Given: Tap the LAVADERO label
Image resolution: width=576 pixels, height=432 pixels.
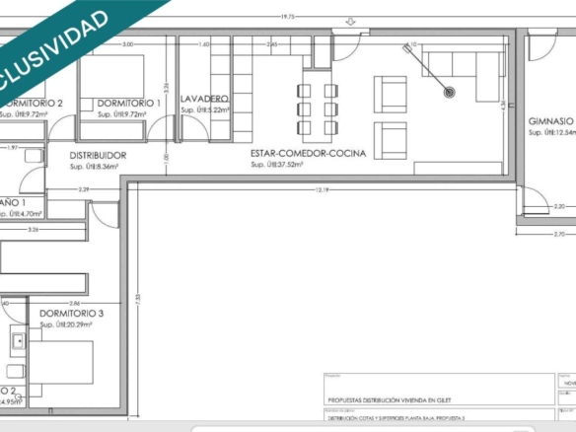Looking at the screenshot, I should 205,100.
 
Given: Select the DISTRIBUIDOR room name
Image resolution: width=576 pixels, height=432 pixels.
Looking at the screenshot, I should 98,156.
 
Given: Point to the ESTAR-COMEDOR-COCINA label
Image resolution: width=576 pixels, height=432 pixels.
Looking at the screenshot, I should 309,154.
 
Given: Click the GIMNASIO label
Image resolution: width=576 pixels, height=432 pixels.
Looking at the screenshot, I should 551,120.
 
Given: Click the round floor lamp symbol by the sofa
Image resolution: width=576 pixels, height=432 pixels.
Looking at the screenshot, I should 450,92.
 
